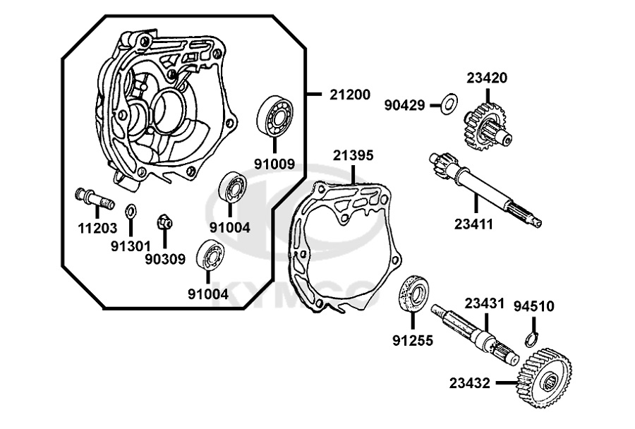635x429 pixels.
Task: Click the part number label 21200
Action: [x=350, y=95]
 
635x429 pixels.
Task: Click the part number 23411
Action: [x=473, y=224]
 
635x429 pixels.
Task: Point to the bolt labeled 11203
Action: [x=95, y=198]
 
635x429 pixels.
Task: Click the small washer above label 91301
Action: [x=131, y=211]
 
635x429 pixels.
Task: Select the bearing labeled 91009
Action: [x=275, y=116]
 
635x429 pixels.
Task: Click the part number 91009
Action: [x=274, y=164]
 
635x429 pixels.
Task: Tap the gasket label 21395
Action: [x=353, y=155]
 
